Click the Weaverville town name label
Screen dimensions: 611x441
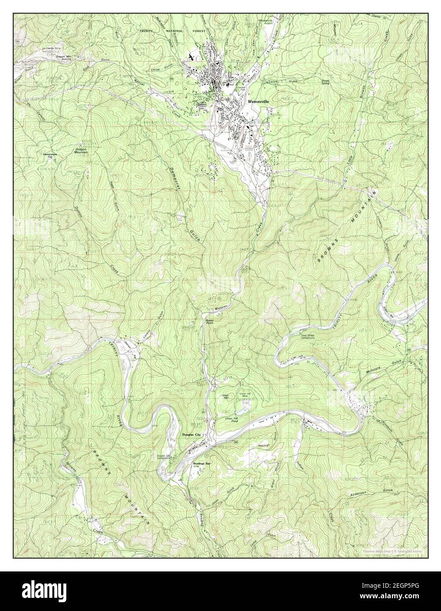click(258, 101)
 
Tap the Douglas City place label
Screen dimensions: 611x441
click(191, 435)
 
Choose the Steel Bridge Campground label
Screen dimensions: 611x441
click(308, 337)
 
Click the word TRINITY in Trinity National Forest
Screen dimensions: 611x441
click(148, 32)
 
